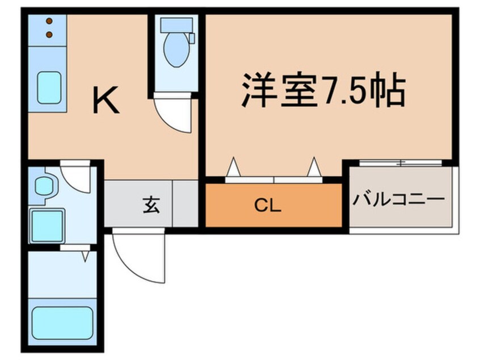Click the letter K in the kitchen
pyautogui.click(x=106, y=102)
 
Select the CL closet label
pyautogui.click(x=268, y=206)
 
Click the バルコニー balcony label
pyautogui.click(x=398, y=200)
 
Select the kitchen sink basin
pyautogui.click(x=49, y=87)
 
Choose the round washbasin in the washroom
pyautogui.click(x=43, y=186)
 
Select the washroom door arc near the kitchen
pyautogui.click(x=75, y=177)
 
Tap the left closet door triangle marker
pyautogui.click(x=233, y=168)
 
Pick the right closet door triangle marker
pyautogui.click(x=314, y=168)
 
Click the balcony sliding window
pyautogui.click(x=401, y=164)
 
